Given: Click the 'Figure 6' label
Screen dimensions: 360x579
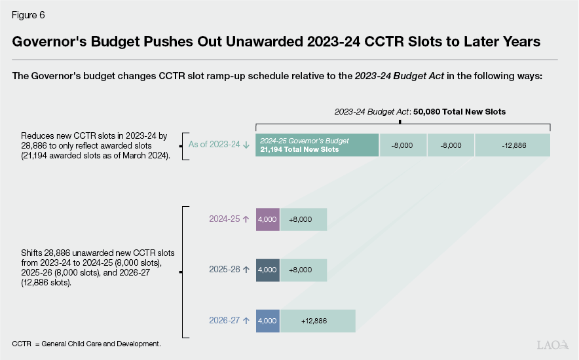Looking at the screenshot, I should click(28, 14).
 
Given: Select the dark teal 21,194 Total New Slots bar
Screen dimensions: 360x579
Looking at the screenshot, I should click(317, 145).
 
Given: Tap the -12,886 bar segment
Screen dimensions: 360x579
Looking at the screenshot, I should click(512, 145).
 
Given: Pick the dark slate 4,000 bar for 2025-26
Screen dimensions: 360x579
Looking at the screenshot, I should click(268, 270).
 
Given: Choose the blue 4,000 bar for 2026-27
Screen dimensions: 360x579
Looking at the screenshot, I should click(268, 321).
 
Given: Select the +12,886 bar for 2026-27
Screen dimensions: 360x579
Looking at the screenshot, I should click(318, 321).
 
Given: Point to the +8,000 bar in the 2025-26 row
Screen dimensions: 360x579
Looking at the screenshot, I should click(303, 270).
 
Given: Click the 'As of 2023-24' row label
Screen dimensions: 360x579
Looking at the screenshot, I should click(214, 145).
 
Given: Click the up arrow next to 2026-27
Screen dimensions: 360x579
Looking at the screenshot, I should click(246, 321).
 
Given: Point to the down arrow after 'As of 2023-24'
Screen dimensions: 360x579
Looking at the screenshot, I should click(246, 145).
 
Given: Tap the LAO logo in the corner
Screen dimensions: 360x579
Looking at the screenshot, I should click(552, 345).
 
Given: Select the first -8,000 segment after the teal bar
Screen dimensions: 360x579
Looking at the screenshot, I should click(403, 145).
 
